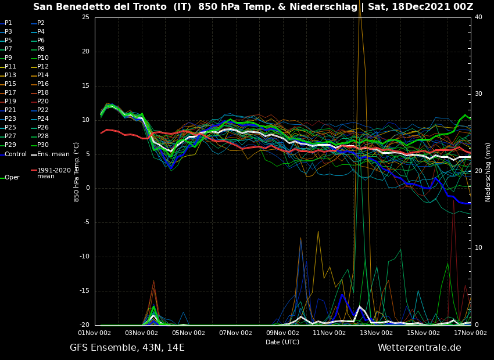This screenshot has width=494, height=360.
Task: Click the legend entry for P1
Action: pos(8,23)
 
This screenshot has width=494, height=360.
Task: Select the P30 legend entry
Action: pos(43,145)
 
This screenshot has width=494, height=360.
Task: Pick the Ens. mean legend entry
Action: pos(53,154)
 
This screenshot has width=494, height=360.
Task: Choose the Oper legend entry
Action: pos(12,178)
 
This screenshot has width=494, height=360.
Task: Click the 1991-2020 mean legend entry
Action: pos(53,173)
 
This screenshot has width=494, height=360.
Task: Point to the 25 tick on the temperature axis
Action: pos(85,17)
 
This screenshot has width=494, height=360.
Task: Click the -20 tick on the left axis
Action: pos(84,325)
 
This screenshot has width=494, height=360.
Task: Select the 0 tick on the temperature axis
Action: pos(87,188)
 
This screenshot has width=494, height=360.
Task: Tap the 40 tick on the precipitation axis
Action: pos(478,17)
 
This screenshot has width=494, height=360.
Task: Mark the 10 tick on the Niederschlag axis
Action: pos(478,248)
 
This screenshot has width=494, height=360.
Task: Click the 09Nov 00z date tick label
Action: pos(282,333)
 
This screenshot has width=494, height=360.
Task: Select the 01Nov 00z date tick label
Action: pos(95,333)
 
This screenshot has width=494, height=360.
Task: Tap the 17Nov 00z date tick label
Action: pos(470,333)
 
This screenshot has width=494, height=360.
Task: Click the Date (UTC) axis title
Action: pos(282,343)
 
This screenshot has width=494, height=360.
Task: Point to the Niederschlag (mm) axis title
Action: pos(488,172)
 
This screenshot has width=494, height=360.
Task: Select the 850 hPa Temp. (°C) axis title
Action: pos(77,172)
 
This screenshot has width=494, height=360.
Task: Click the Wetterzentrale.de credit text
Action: pos(419,348)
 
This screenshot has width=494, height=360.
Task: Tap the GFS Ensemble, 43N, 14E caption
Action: pos(127,348)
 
